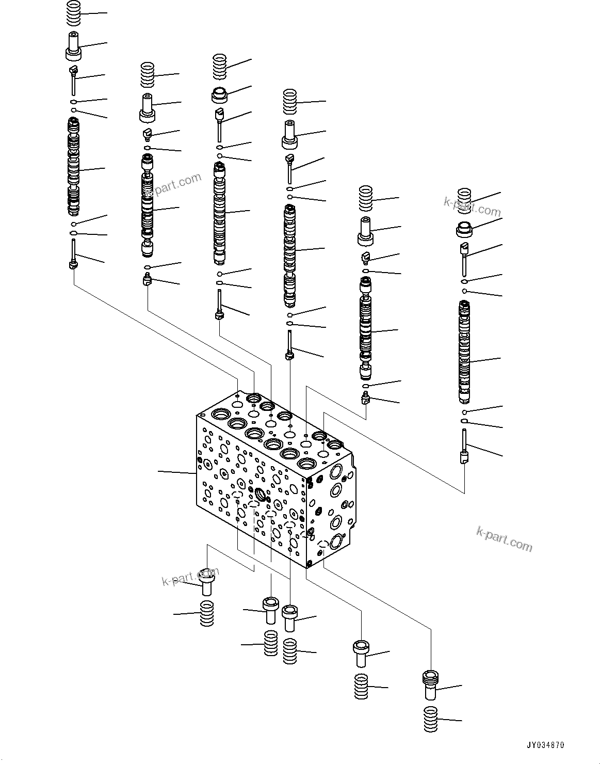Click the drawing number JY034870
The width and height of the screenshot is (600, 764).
coord(545,745)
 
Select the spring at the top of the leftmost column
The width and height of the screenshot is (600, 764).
coord(75,12)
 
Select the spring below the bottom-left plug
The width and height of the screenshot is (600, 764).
coord(207,613)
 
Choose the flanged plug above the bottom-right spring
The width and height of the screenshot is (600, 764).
coord(429,682)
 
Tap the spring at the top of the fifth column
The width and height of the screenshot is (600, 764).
coord(366,198)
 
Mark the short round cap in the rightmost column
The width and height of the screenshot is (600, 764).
coord(465,227)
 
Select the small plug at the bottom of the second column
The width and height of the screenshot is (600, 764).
coord(148,281)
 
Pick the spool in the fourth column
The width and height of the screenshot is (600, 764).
coord(290,256)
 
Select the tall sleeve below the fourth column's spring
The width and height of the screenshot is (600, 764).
coord(290,135)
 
